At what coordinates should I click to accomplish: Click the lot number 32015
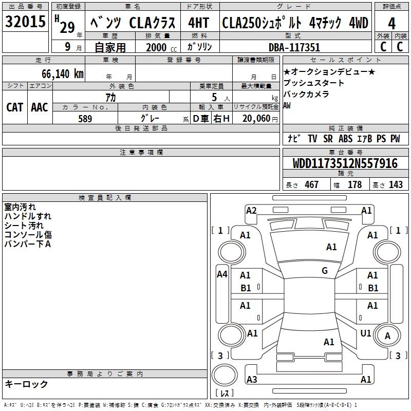[x=25, y=23]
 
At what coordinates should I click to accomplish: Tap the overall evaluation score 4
[x=391, y=24]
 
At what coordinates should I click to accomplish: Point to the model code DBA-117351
[x=294, y=47]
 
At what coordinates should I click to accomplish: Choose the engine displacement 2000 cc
[x=157, y=47]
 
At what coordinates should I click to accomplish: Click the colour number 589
[x=85, y=119]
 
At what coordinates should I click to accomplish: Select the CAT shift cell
[x=15, y=107]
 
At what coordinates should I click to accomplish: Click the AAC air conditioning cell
[x=40, y=107]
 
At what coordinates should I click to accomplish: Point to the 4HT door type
[x=198, y=23]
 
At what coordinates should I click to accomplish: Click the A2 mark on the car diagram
[x=251, y=210]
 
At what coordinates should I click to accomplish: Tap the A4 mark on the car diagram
[x=222, y=274]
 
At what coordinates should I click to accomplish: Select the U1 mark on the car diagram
[x=366, y=333]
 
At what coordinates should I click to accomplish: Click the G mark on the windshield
[x=325, y=271]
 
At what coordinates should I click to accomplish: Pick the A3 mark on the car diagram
[x=252, y=380]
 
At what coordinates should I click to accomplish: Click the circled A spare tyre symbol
[x=388, y=336]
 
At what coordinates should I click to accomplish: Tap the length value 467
[x=311, y=185]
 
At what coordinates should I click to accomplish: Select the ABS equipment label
[x=346, y=139]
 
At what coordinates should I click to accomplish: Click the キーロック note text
[x=26, y=384]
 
